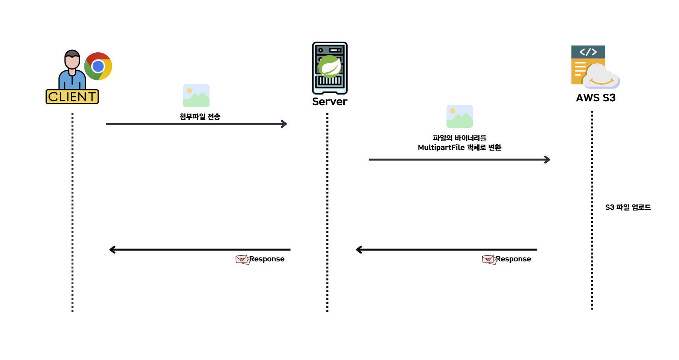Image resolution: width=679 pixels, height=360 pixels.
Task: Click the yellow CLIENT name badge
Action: tap(72, 97)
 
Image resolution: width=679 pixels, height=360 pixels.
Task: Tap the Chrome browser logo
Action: tap(98, 66)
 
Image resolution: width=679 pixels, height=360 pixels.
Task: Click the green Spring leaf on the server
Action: tap(330, 66)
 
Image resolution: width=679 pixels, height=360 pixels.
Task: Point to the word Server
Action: tap(330, 102)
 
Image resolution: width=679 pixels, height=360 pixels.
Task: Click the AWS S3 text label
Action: tap(595, 98)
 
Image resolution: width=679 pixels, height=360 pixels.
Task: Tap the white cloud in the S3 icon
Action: tap(601, 76)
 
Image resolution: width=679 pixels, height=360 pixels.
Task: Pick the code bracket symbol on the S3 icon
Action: tap(588, 52)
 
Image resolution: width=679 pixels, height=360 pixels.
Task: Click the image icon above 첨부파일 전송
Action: tap(196, 96)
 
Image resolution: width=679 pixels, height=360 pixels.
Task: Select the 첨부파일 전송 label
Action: tap(200, 117)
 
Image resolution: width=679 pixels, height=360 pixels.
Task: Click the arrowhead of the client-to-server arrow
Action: tap(284, 124)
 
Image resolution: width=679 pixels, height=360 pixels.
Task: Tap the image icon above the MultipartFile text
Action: tap(459, 116)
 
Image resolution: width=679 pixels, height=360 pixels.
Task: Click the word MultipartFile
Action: tap(441, 148)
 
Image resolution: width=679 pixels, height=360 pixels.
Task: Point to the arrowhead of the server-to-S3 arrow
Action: tap(547, 160)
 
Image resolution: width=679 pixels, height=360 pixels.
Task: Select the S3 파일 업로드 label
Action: tap(628, 207)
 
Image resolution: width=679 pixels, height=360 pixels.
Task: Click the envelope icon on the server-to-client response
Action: tap(242, 259)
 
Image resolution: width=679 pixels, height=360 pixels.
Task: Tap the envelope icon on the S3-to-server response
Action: tap(489, 259)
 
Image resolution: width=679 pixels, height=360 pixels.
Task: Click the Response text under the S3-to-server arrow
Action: tap(513, 259)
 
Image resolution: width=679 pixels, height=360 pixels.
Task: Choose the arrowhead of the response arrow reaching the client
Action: tap(112, 250)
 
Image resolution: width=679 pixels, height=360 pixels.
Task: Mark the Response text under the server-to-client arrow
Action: tap(267, 259)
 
